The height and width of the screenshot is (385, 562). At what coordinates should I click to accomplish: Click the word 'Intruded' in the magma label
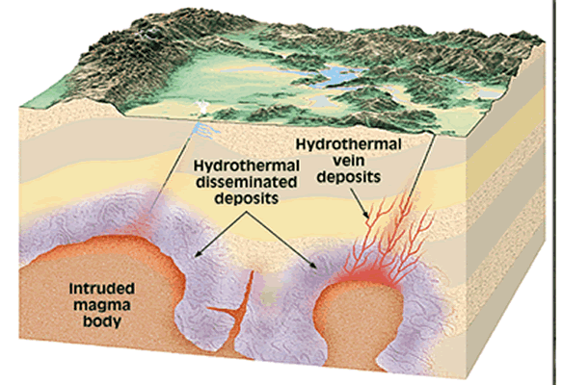(x=102, y=288)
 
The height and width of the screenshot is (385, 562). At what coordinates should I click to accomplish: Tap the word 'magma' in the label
(x=102, y=305)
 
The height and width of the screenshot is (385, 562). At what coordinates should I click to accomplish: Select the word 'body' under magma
(x=102, y=321)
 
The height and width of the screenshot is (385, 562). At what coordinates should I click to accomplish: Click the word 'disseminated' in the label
(x=247, y=183)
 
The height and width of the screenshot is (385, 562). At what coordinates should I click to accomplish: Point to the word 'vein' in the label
(x=348, y=161)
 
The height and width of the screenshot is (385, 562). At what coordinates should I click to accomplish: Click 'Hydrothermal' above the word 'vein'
(x=348, y=144)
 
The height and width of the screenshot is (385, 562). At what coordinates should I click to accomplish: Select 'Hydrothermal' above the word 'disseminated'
(x=247, y=166)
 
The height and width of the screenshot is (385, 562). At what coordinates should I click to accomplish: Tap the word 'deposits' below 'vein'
(x=348, y=177)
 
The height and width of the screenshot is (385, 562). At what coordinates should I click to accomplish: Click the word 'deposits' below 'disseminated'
(x=247, y=199)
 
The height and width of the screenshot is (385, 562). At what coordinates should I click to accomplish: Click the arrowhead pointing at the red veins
(x=366, y=216)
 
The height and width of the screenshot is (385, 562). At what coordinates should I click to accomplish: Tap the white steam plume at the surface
(x=202, y=108)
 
